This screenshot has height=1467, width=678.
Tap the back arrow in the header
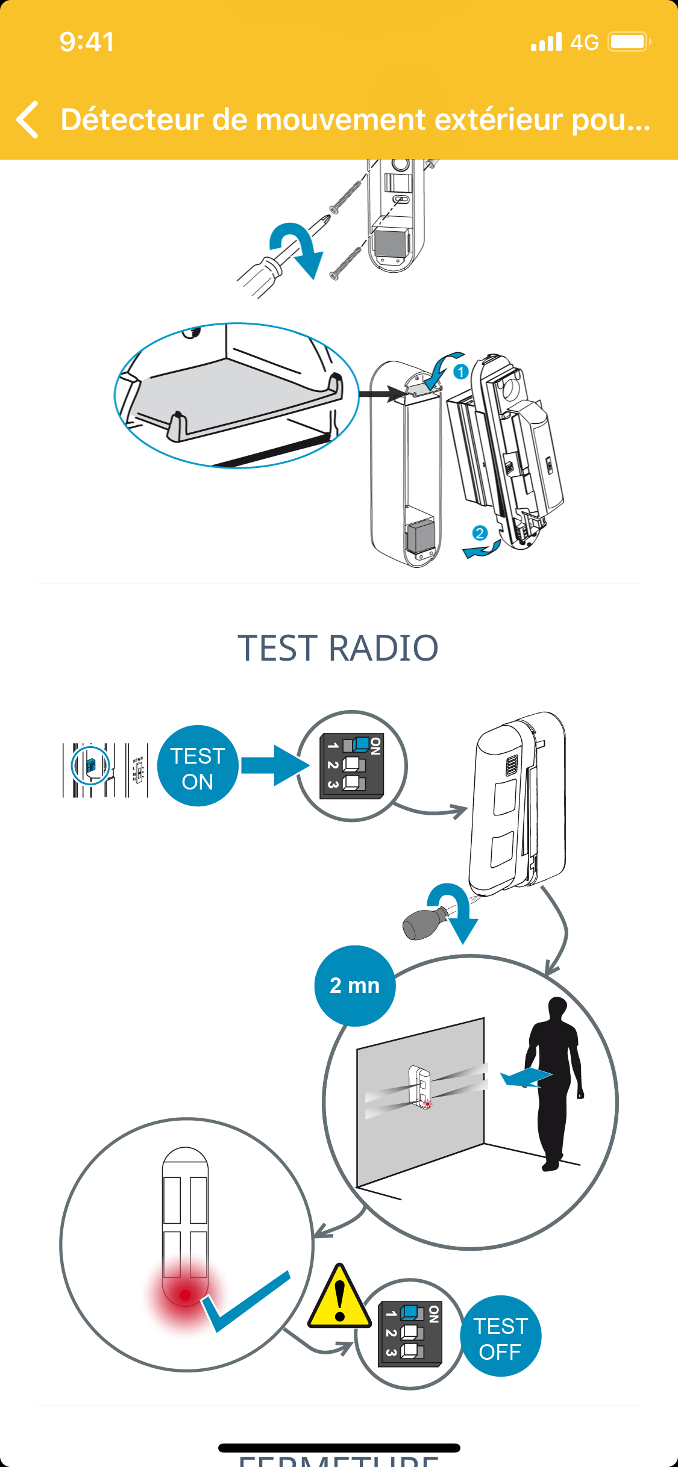point(28,119)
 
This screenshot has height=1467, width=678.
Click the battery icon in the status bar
point(629,42)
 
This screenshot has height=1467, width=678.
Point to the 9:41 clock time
point(87,42)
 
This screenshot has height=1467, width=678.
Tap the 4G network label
point(584,42)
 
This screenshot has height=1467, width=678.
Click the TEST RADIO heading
point(338,648)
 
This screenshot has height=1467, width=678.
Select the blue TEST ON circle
point(198,766)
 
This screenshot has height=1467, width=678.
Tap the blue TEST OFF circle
point(500,1336)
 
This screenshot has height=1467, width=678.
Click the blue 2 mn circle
point(355,986)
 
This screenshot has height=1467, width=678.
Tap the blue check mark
point(244,1301)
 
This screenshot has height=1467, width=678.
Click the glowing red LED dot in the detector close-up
point(185,1295)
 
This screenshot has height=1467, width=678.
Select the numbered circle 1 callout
point(461,372)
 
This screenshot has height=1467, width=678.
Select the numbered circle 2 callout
point(480,533)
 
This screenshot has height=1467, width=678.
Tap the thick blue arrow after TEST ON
point(274,765)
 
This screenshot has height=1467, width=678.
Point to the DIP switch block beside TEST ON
point(352,766)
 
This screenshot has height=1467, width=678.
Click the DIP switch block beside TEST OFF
point(410,1334)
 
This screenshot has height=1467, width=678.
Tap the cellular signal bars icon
point(546,42)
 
